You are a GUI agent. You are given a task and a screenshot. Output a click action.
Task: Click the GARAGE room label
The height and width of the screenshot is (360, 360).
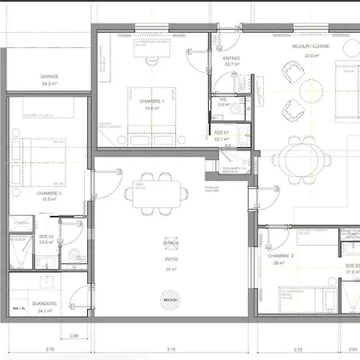[50, 77]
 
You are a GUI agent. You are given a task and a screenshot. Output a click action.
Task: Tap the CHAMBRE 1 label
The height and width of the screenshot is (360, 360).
[151, 102]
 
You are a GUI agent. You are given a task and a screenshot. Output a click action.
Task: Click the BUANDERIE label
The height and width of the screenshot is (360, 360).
[45, 304]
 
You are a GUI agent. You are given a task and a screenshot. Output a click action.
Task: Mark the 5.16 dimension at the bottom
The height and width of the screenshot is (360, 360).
[170, 350]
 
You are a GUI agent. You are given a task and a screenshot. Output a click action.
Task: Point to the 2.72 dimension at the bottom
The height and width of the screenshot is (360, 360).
[298, 350]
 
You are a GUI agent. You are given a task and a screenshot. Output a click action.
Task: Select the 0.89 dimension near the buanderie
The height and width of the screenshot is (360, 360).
[74, 335]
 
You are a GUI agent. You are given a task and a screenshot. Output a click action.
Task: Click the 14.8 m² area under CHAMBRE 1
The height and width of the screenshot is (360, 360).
[151, 109]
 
